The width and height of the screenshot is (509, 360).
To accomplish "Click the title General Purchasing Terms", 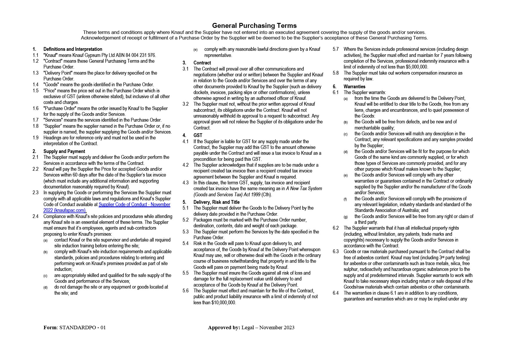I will pos(254,26).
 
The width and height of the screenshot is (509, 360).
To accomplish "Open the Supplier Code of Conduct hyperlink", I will pos(134,205).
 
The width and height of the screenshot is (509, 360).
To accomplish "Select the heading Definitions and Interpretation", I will pos(73,49).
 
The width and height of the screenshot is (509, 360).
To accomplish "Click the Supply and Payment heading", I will pos(64,152).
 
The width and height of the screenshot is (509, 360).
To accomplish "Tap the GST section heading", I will pos(198,136).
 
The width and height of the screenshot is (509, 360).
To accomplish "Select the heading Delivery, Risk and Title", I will pos(216,202).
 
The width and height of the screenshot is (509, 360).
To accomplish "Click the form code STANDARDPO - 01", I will pos(82,327).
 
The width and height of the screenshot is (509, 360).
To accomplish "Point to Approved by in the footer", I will pos(224,327).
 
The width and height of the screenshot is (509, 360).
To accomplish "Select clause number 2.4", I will pos(35,217).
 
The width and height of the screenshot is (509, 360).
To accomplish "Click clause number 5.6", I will pos(185,291).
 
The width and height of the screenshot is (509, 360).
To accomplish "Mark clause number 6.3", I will pos(336,252).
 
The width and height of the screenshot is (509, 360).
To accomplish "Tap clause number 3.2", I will pos(185,104).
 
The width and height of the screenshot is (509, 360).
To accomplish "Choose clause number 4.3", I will pos(185,183).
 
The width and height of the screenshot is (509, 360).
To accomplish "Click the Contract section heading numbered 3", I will pos(202,63).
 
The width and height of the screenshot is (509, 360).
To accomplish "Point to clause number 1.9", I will pos(35,138).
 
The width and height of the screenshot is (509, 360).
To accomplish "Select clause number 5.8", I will pos(336,73).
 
